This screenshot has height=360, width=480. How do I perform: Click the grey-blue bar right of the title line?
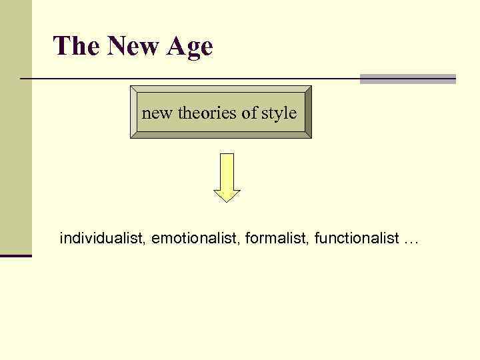407,79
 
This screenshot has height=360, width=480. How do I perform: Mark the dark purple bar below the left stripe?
16,255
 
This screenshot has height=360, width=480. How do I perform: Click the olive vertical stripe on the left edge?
15,127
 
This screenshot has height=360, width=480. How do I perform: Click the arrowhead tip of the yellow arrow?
227,199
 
